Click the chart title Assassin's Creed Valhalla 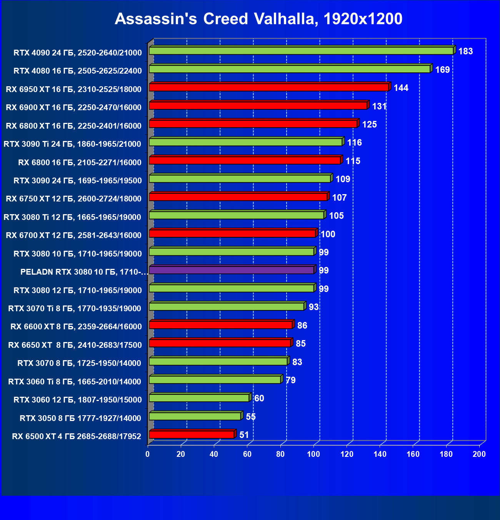pos(258,19)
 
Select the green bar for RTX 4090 pos(301,51)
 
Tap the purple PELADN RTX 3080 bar pos(232,270)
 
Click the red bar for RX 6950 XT pos(269,87)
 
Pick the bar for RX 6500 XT pos(192,435)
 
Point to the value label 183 pos(465,51)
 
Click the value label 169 pos(442,70)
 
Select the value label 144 pos(401,88)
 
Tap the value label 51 pos(244,435)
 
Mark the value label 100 pos(328,234)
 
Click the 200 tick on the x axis pos(479,454)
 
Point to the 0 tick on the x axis pos(148,454)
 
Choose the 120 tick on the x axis pos(347,454)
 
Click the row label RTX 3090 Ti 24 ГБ pos(72,144)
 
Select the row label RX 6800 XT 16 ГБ pos(73,126)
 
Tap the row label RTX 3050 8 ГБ pos(80,418)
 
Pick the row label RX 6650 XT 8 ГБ pos(75,345)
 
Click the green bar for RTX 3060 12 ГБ pos(199,398)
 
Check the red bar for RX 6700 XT pos(232,233)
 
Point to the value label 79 pos(291,380)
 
